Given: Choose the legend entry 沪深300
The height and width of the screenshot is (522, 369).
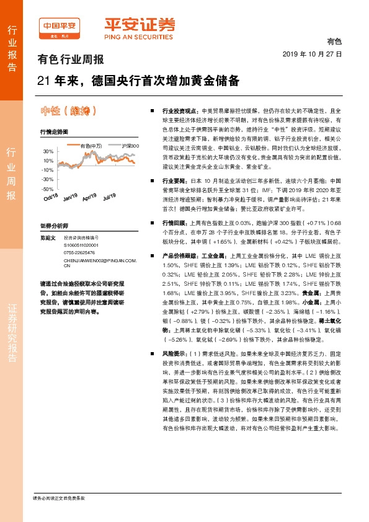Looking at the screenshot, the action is [x=130, y=146].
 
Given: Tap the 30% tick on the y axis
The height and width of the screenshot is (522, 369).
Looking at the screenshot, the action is [x=48, y=151].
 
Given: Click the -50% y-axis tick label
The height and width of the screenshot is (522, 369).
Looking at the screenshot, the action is [x=47, y=188].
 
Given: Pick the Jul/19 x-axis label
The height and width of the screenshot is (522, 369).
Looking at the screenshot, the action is [x=109, y=198].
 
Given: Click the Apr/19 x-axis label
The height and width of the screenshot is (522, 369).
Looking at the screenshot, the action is [x=89, y=198].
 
